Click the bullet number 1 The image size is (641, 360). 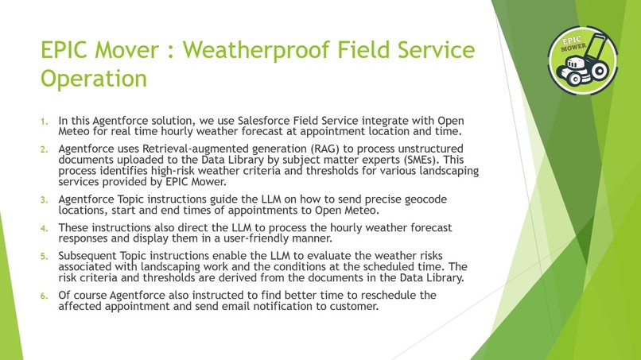[x=45, y=122]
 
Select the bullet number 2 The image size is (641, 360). [x=45, y=149]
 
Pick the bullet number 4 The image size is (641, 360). [x=45, y=227]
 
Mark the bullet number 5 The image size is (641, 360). [x=45, y=256]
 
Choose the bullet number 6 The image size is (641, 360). [x=45, y=296]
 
